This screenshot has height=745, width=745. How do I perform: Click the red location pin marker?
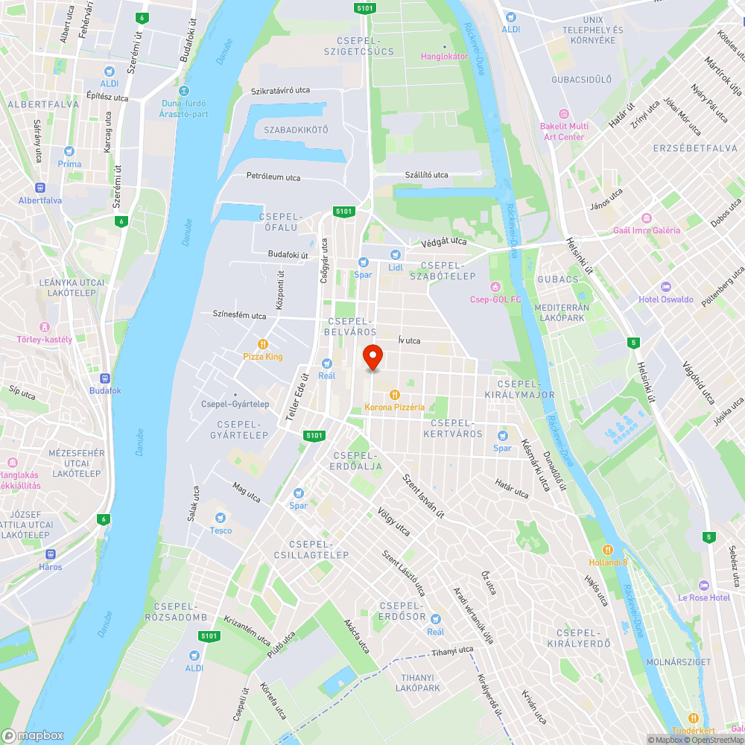click(372, 357)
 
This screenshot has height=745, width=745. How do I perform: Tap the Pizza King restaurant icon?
click(263, 344)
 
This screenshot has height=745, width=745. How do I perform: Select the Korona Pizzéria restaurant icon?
click(395, 394)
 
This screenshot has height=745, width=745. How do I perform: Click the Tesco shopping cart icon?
click(221, 518)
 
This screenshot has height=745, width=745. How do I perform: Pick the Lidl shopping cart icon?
click(395, 255)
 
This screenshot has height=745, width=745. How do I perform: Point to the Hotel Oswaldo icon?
click(665, 287)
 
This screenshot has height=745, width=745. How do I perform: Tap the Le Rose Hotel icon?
click(704, 585)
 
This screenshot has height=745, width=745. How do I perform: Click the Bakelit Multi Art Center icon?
click(563, 114)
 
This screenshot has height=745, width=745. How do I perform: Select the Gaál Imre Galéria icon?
click(646, 218)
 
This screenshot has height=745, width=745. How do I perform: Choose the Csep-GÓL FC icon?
click(495, 287)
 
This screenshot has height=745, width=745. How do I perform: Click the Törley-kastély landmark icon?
click(45, 326)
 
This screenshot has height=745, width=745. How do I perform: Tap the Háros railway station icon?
click(51, 554)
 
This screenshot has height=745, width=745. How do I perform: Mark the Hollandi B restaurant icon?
click(608, 550)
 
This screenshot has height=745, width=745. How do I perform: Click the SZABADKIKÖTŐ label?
click(296, 130)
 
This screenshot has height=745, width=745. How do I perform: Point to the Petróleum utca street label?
click(273, 177)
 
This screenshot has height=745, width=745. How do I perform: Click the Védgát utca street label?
click(443, 241)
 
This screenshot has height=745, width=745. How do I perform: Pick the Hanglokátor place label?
click(444, 56)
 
